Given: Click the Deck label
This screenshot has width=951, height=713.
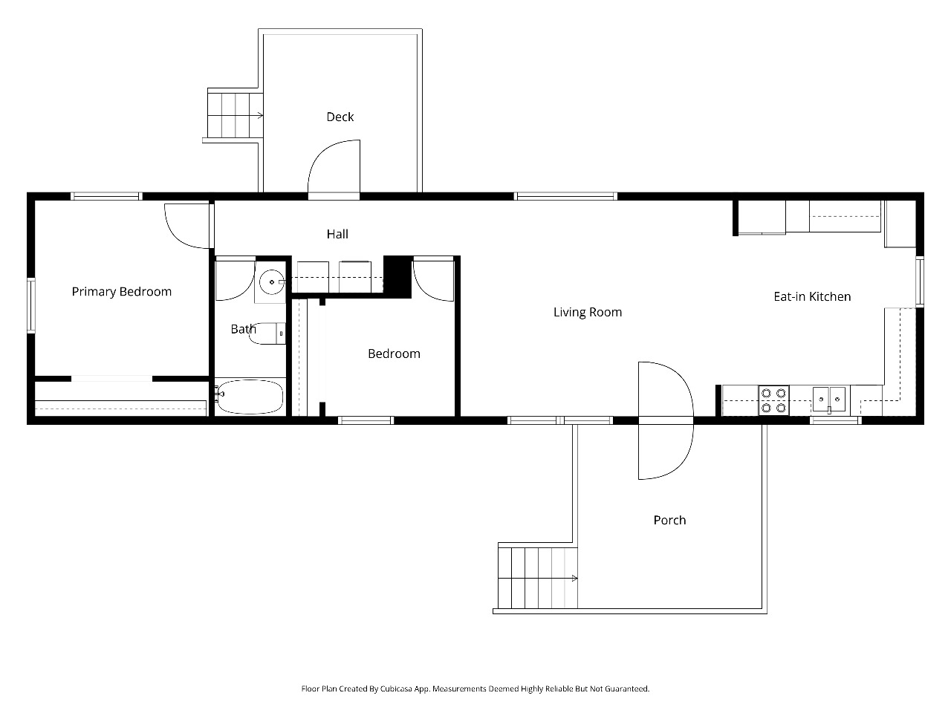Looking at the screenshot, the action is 340,117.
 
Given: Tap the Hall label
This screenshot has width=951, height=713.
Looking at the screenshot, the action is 337,234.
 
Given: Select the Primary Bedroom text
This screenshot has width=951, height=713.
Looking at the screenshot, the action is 122,292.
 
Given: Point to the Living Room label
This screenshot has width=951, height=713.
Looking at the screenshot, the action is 588,312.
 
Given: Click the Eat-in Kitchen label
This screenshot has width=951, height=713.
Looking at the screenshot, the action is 812,296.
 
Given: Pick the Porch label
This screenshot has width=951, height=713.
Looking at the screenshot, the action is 669,520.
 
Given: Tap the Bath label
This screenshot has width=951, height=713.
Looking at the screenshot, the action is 244,329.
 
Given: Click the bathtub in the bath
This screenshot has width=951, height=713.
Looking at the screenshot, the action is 250,397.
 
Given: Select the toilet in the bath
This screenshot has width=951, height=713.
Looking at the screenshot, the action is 267,333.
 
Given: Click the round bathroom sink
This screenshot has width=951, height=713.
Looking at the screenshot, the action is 272,281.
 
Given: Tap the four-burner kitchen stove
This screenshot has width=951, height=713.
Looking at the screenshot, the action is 773,400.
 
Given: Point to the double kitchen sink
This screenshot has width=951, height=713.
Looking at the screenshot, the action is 829,399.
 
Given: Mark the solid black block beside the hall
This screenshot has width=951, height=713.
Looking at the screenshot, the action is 397,277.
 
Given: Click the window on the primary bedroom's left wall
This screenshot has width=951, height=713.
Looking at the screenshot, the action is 31,306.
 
